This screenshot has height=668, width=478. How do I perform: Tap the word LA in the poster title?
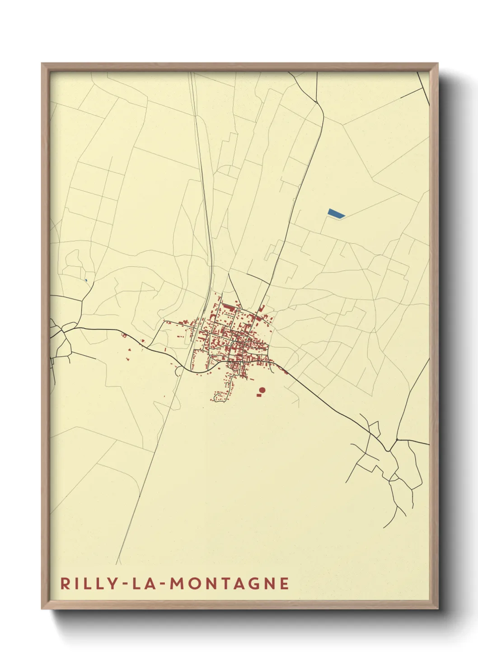(x=143, y=583)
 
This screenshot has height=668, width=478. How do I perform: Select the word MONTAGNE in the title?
(x=229, y=583)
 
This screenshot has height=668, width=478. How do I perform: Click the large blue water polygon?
(x=336, y=213)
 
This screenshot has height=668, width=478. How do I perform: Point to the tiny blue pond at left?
(x=85, y=280)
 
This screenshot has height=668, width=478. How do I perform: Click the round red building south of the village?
(x=262, y=390)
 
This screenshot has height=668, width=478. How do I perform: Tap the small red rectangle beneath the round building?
(x=259, y=395)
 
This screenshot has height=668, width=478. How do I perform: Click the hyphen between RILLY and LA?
(x=123, y=584)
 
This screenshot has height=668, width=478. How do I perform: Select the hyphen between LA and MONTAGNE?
(x=162, y=584)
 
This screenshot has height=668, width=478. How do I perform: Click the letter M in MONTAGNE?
(x=176, y=583)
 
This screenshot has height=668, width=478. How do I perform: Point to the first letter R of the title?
(x=65, y=583)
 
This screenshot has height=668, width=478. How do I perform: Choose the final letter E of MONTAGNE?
(x=285, y=583)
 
